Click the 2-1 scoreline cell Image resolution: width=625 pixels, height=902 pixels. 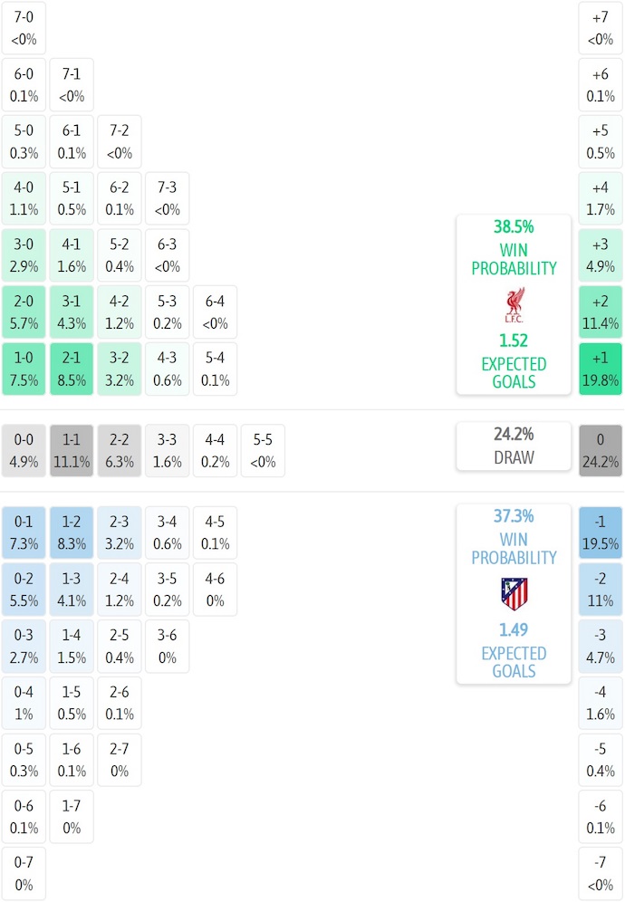coord(72,369)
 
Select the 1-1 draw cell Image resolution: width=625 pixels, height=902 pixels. coord(72,450)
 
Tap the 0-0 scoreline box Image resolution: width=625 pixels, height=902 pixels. coord(24,450)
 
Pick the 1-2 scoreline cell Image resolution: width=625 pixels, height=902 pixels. coord(72,533)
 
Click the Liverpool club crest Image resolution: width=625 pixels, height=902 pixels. coord(514,306)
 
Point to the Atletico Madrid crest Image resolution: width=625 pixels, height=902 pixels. coord(514,594)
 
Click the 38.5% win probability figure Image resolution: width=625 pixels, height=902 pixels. coord(514,227)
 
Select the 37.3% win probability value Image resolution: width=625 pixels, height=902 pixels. coord(514,516)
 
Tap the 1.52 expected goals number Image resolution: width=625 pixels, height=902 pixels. coord(514,341)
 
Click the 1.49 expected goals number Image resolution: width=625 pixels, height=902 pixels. coord(514,630)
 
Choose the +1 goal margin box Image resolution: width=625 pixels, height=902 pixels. coord(601,369)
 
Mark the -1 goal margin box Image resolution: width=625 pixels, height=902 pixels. coord(601,533)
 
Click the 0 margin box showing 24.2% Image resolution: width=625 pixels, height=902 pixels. coord(601,450)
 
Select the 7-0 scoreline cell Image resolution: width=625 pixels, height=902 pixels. coord(24,27)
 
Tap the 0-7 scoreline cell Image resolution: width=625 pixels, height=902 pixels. coord(24,873)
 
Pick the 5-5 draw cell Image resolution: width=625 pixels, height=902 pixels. coord(263,450)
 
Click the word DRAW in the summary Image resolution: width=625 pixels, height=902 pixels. coord(514,457)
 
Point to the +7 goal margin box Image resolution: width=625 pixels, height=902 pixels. coord(601,27)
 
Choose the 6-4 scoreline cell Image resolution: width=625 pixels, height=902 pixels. coord(215,312)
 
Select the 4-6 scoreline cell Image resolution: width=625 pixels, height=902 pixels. coord(215,590)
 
